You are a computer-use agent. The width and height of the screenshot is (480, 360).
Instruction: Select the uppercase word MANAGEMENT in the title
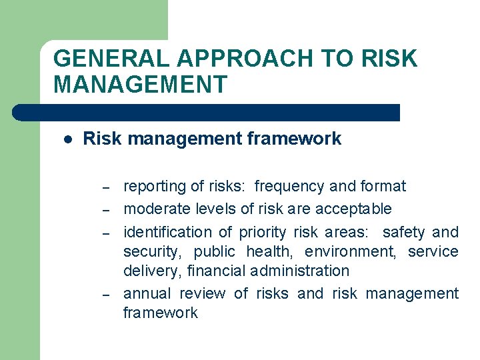coord(140,85)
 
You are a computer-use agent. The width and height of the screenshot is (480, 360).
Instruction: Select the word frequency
coord(290,186)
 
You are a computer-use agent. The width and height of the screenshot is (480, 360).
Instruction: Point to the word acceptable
coord(353,209)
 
